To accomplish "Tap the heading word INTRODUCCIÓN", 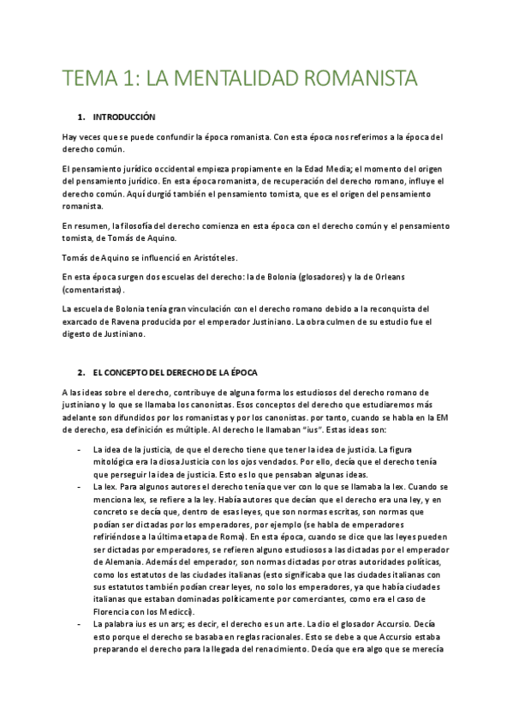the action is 124,116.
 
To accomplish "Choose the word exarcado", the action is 81,321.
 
